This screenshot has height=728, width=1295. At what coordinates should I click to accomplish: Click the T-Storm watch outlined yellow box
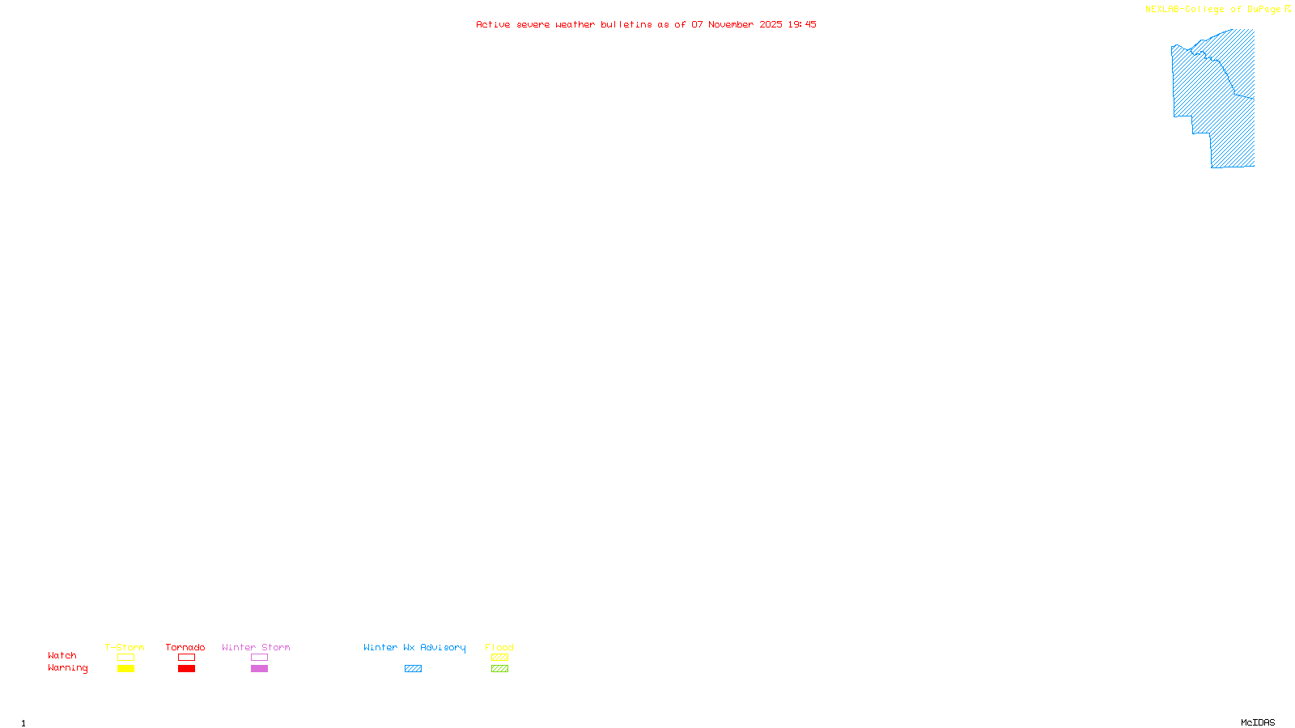click(x=125, y=658)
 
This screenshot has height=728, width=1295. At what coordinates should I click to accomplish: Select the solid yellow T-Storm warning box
click(x=125, y=669)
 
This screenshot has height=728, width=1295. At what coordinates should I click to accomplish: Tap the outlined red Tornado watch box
click(x=186, y=658)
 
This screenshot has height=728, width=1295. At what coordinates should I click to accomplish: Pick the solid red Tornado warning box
click(x=186, y=669)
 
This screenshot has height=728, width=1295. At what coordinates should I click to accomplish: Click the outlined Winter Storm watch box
click(x=259, y=658)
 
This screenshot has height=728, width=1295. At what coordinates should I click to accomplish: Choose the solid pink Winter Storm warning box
click(x=259, y=669)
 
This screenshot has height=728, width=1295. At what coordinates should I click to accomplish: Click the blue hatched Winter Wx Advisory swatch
click(x=413, y=669)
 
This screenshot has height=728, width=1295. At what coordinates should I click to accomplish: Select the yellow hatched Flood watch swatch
click(x=499, y=658)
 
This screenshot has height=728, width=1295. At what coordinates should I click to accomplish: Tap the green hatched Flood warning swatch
click(x=499, y=669)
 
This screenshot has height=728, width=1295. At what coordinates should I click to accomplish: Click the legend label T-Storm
click(x=125, y=647)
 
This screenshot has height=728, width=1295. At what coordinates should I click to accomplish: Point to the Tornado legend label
click(x=185, y=647)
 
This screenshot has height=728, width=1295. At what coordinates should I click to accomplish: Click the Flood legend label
click(x=499, y=647)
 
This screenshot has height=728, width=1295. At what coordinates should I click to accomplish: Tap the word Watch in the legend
click(x=62, y=655)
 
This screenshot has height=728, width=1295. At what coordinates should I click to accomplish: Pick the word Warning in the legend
click(x=67, y=668)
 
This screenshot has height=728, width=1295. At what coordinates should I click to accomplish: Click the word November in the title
click(x=731, y=24)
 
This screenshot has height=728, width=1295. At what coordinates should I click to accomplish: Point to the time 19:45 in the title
click(x=802, y=24)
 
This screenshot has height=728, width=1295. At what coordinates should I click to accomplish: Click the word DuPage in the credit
click(x=1263, y=10)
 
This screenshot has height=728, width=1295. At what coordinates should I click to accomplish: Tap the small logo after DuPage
click(x=1289, y=9)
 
